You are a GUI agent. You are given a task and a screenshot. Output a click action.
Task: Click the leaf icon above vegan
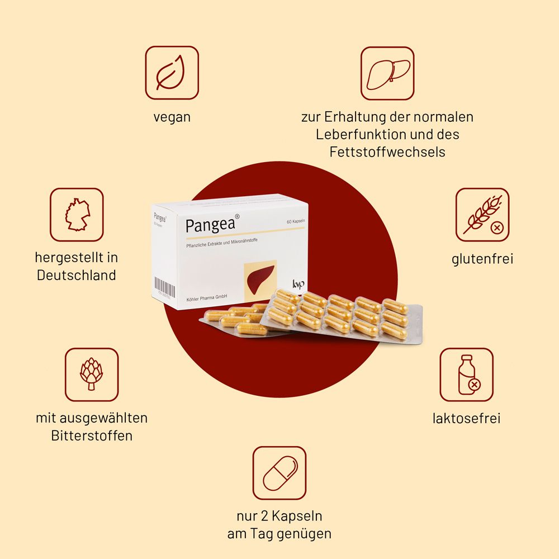click(x=172, y=73)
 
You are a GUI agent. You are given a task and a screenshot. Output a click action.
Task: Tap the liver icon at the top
click(x=387, y=73)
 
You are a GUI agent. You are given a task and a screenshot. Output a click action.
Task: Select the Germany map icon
click(x=77, y=215)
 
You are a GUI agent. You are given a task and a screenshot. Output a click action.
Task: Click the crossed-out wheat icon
click(x=482, y=215)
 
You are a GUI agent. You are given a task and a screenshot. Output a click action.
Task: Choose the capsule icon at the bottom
click(x=279, y=473)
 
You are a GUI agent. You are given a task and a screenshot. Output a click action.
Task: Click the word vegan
click(x=172, y=117)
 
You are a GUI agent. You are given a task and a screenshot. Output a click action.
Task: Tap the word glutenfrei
click(x=482, y=259)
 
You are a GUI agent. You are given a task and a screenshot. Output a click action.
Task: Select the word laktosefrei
click(x=466, y=418)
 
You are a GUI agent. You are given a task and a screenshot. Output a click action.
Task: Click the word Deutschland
click(x=77, y=275)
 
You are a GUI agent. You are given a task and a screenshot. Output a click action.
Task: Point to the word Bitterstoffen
click(x=92, y=435)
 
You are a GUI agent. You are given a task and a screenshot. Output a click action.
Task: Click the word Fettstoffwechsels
click(x=387, y=151)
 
